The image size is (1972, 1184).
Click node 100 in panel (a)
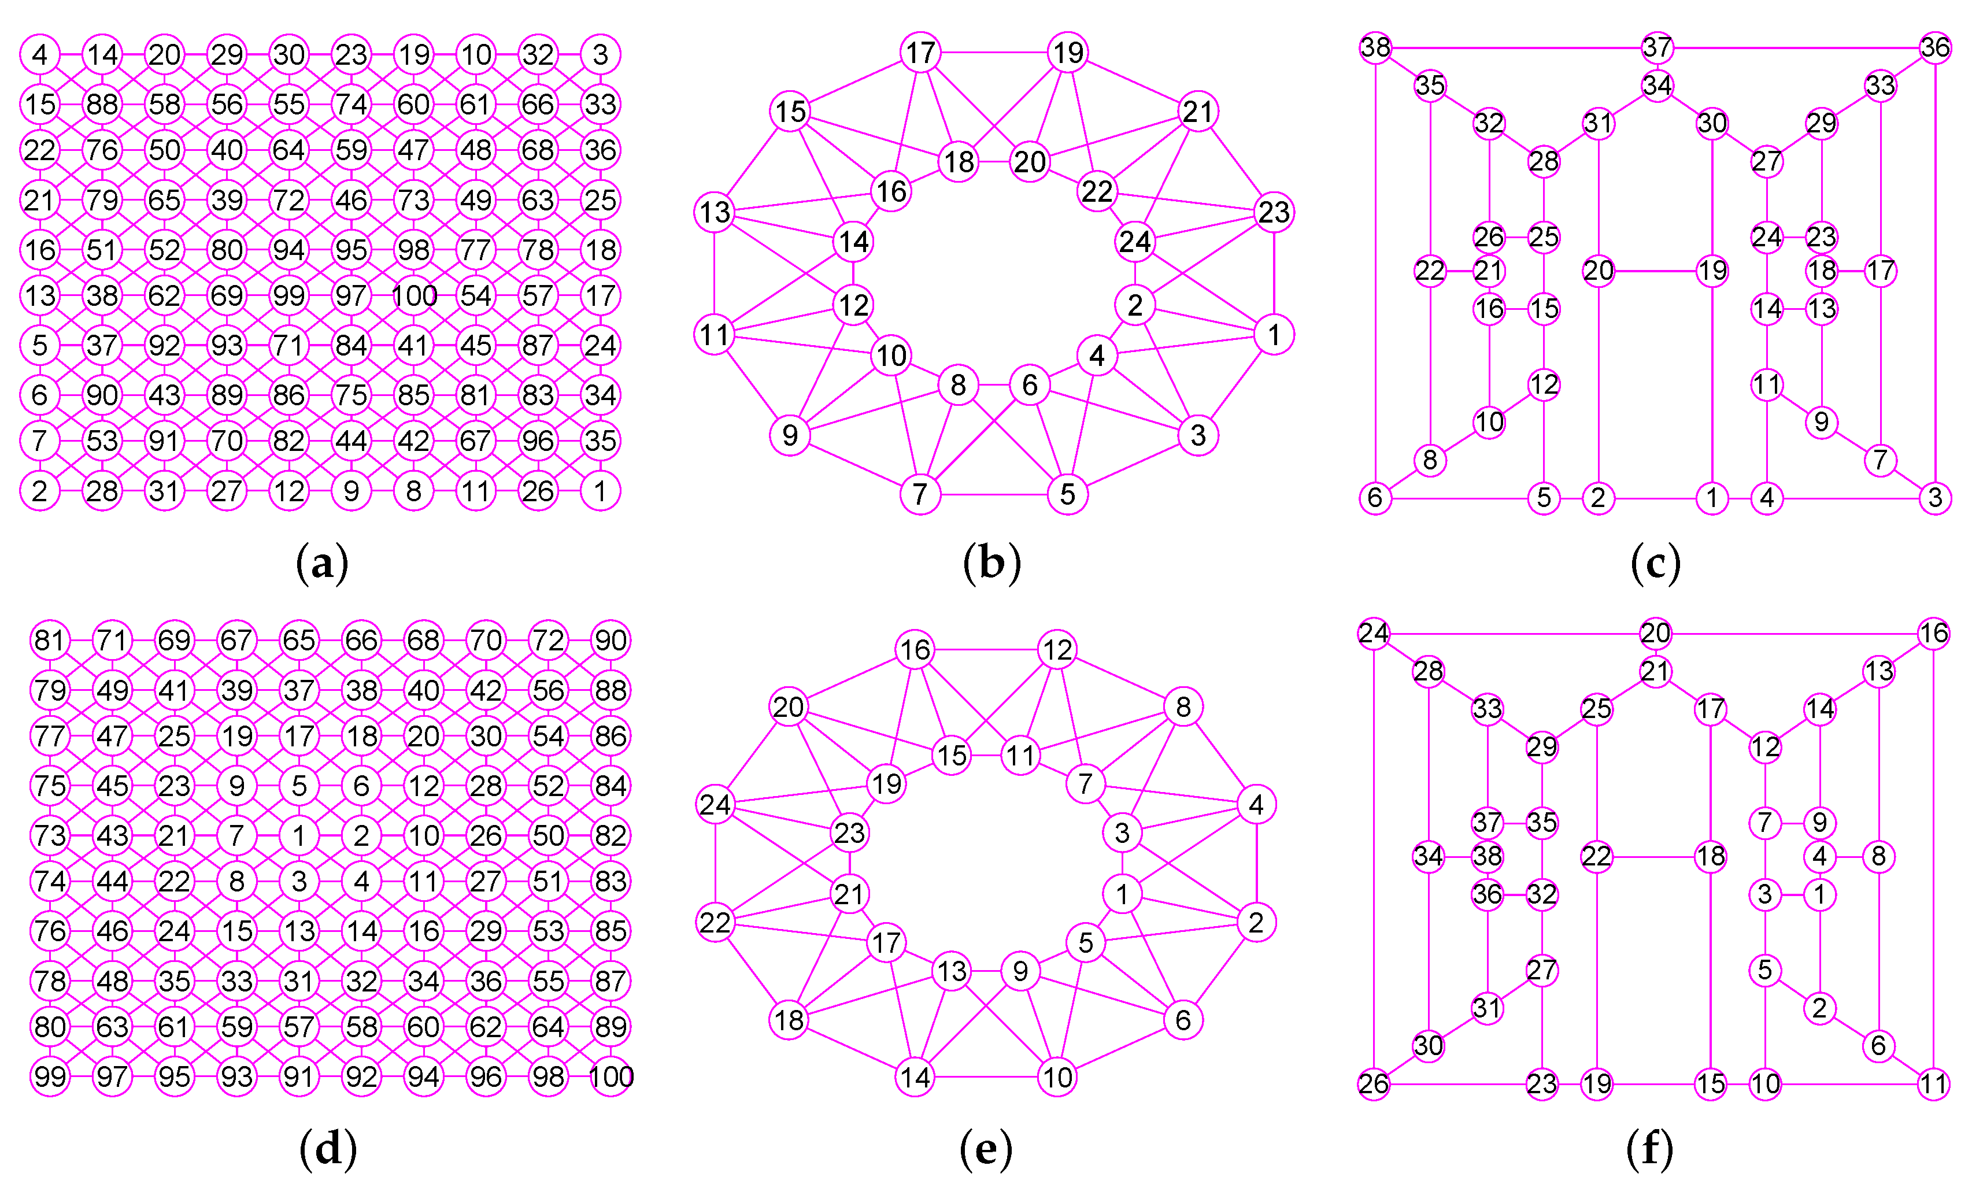point(414,296)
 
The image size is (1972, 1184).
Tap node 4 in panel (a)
point(40,54)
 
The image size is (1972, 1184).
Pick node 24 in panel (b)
point(1134,241)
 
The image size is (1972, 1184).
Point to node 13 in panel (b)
point(715,212)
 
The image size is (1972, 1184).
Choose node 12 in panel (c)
point(1544,384)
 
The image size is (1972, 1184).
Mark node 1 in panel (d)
point(299,835)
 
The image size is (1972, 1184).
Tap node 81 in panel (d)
point(50,640)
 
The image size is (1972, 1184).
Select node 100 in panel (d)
point(611,1077)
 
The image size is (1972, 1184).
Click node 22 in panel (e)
point(715,922)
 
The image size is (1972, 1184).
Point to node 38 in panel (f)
point(1487,856)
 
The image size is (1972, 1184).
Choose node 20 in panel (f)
point(1655,634)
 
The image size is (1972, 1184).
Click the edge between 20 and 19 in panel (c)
point(1655,271)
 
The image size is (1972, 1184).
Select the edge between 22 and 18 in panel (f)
point(1653,857)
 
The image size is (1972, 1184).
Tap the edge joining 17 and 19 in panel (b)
point(994,53)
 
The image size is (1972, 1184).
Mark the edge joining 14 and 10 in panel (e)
point(986,1077)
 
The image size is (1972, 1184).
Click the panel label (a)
point(322,563)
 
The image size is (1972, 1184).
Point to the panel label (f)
point(1649,1149)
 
